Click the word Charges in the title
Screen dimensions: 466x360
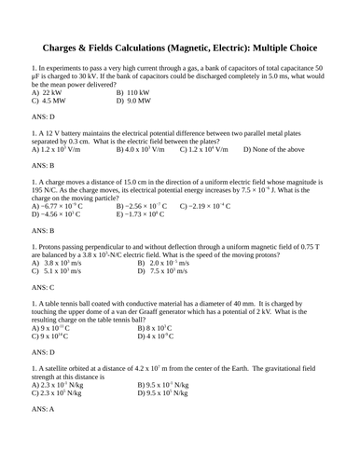72,48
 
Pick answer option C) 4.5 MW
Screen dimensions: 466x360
48,103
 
